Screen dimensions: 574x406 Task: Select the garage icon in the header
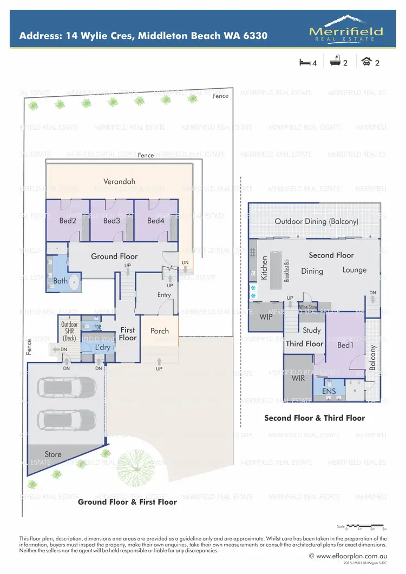367,62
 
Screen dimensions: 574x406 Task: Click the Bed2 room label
67,221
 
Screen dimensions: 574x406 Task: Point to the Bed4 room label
155,221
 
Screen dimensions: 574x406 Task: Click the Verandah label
119,182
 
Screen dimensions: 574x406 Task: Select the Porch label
160,331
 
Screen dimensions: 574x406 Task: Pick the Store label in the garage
53,454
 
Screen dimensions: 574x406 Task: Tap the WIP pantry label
265,316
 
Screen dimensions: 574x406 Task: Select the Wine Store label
308,307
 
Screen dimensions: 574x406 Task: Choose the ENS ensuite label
329,391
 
